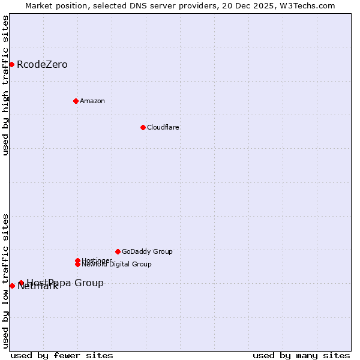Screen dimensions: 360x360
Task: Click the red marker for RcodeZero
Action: pos(11,64)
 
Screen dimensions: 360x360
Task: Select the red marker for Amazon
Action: pos(76,101)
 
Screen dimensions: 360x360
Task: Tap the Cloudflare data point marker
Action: pos(143,127)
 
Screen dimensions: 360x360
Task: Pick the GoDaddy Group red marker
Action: pos(118,251)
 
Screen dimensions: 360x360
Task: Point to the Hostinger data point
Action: pos(77,260)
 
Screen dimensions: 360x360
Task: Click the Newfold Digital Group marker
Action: pos(77,264)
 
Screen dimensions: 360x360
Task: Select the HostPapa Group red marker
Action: pos(21,283)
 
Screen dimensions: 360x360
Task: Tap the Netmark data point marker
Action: pos(12,286)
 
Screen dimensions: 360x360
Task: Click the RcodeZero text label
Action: pos(42,65)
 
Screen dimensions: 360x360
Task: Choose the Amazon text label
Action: pos(92,101)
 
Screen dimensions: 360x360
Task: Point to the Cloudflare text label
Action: pos(163,127)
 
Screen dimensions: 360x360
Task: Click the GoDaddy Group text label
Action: pos(147,251)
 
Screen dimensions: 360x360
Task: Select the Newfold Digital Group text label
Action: pos(116,264)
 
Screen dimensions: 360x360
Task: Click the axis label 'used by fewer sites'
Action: pos(62,355)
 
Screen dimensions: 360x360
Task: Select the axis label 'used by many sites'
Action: pos(301,355)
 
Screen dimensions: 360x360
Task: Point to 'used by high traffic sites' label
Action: pos(5,85)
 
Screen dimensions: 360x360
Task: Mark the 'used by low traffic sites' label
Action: pos(5,280)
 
